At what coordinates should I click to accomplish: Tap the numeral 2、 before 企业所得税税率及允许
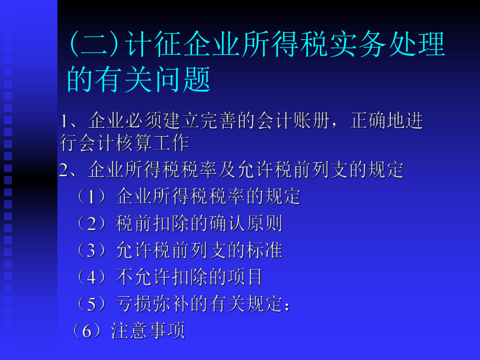(68, 171)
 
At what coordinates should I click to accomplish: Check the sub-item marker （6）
(89, 331)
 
